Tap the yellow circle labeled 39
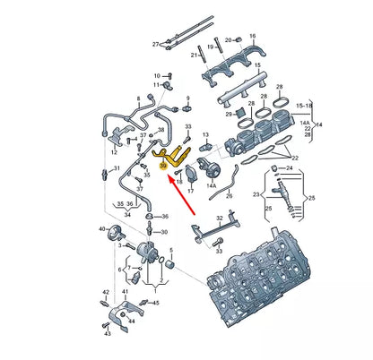point(163,166)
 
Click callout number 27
point(155,44)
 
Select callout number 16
point(252,36)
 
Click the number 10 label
point(156,75)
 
